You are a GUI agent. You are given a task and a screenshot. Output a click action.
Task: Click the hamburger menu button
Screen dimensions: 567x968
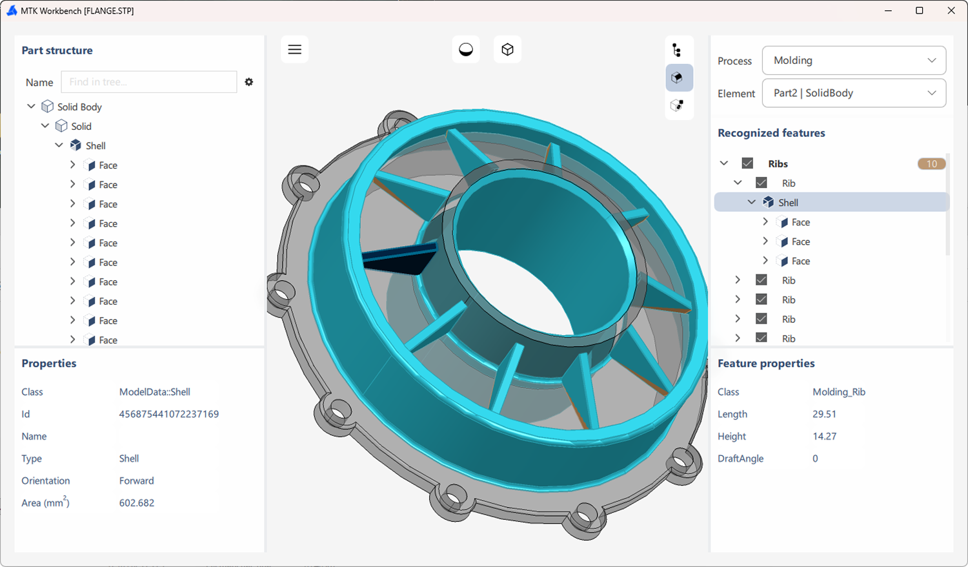coord(294,50)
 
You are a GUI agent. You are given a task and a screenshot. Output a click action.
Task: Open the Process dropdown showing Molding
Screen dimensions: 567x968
coord(854,61)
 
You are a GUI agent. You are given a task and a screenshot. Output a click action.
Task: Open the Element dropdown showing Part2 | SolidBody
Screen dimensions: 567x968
coord(854,93)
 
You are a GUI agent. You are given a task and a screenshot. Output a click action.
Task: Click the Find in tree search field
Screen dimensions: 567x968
coord(149,82)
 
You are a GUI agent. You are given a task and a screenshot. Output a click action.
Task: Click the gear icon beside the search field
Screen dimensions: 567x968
coord(249,82)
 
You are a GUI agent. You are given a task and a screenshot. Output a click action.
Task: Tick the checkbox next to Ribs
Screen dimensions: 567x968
coord(747,163)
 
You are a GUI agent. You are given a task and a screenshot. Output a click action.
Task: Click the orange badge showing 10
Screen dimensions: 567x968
coord(931,164)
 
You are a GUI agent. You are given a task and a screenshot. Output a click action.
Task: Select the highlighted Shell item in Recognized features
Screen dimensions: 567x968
coord(788,203)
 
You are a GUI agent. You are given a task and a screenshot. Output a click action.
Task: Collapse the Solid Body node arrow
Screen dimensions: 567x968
coord(31,107)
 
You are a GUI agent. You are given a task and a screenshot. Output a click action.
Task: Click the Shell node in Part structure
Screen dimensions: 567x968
coord(95,146)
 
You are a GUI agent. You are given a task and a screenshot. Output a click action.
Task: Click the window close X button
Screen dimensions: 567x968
coord(951,11)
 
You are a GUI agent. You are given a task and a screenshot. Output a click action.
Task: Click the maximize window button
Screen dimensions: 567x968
coord(920,11)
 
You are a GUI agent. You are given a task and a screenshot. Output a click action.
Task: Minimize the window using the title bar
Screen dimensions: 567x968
coord(889,11)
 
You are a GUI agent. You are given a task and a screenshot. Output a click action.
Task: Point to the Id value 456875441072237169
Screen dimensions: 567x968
coord(169,414)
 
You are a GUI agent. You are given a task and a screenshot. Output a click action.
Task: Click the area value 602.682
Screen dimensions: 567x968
coord(137,503)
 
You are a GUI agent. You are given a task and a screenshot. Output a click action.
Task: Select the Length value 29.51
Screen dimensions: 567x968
coord(824,414)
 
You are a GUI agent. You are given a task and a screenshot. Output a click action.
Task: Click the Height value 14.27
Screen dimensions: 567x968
coord(824,437)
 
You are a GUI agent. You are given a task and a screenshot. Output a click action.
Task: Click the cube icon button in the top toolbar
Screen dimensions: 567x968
coord(507,50)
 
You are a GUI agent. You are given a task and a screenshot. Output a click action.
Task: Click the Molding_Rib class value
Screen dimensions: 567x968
coord(839,392)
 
